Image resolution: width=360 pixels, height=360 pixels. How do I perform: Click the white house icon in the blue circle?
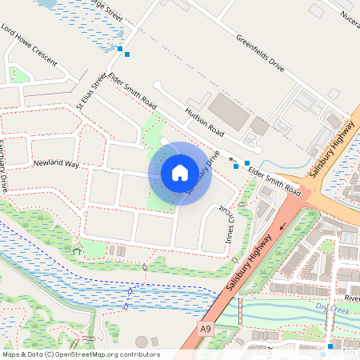coord(180,172)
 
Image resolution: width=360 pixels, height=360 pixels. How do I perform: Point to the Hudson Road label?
coord(204,120)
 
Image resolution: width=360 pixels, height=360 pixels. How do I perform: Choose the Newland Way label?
coord(56,164)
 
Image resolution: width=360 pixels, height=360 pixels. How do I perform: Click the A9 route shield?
coord(206,328)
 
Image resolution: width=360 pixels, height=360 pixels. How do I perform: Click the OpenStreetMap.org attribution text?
coord(80,354)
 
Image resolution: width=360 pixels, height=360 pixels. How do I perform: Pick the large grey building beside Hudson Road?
coord(229,111)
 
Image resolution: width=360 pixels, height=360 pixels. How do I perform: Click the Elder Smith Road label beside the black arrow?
coord(274,180)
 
